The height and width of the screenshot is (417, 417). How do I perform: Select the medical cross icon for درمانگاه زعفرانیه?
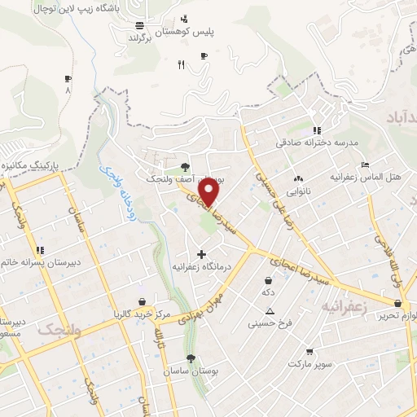click(201, 255)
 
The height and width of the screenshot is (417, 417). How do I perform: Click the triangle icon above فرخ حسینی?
click(270, 312)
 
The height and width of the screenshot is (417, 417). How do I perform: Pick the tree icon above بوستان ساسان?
click(191, 358)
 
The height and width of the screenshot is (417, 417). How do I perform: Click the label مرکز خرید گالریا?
click(142, 314)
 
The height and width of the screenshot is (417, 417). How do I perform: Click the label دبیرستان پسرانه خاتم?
click(37, 261)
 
